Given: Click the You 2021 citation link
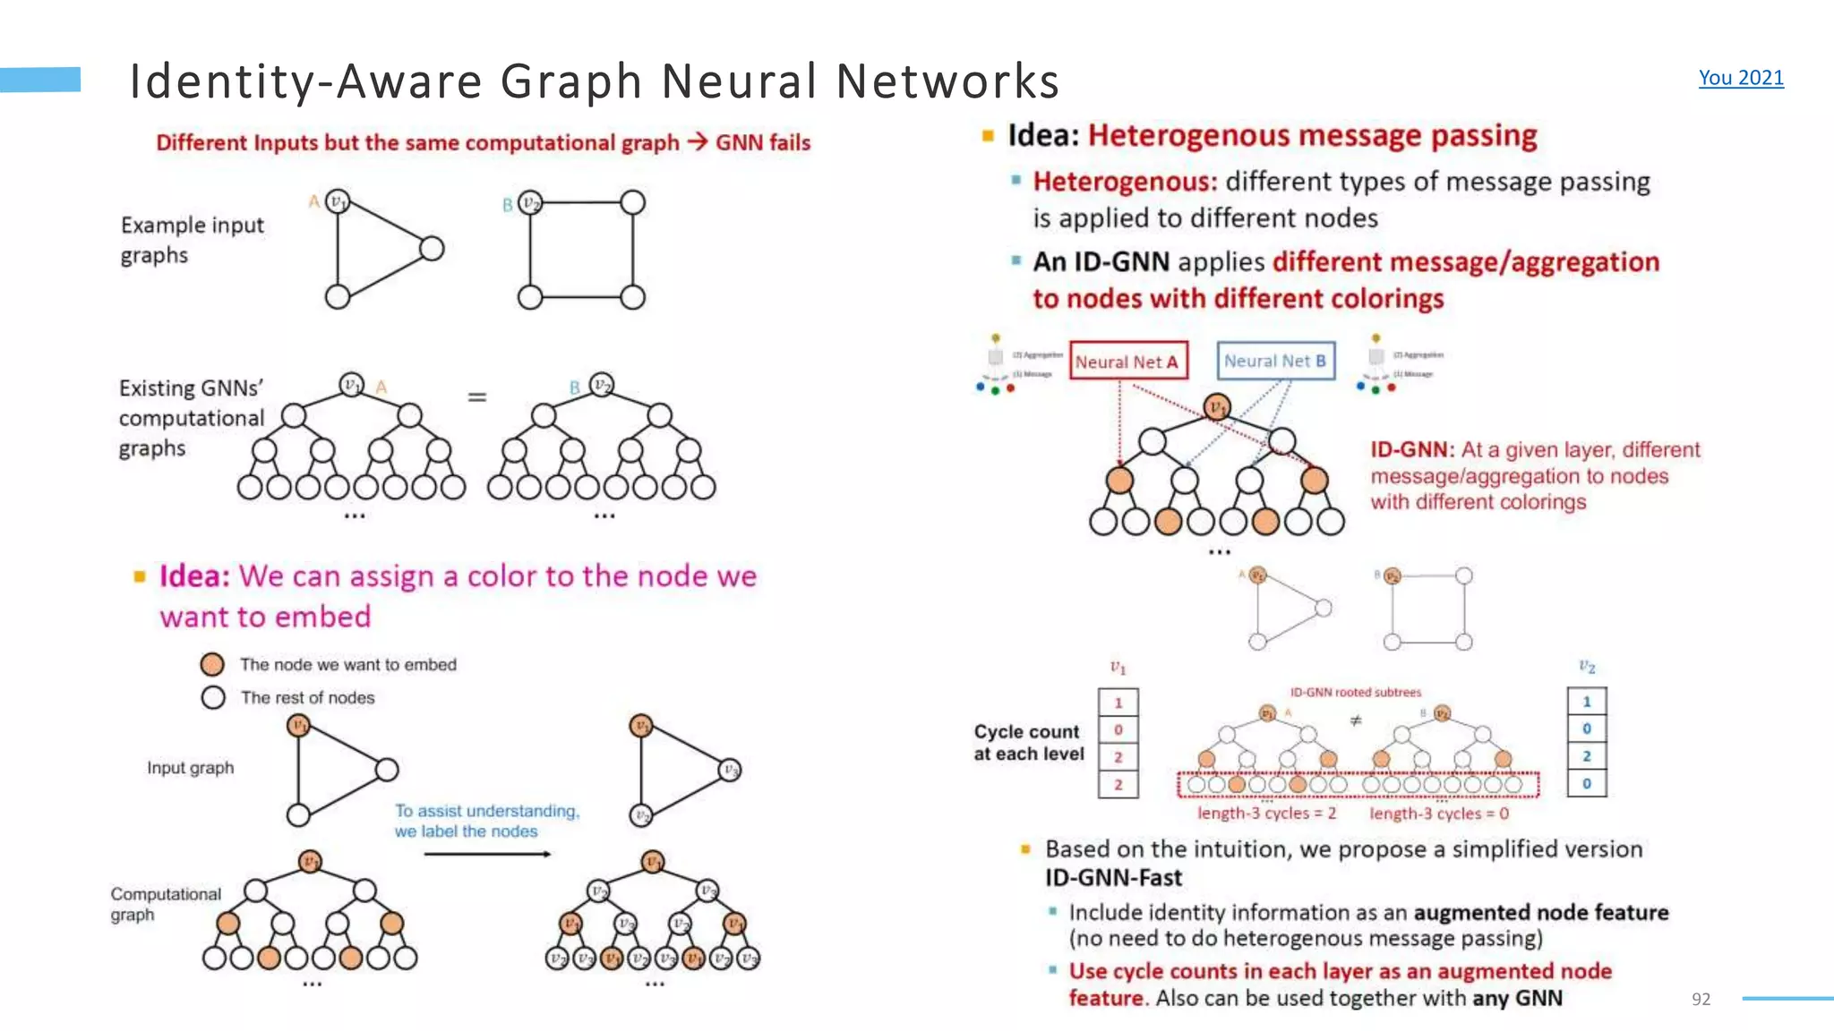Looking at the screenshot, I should pyautogui.click(x=1740, y=78).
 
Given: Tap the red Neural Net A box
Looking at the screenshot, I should pyautogui.click(x=1127, y=362).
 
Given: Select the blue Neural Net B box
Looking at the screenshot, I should pyautogui.click(x=1275, y=361).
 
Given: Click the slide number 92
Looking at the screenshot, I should pyautogui.click(x=1701, y=999).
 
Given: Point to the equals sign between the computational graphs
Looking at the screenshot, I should pyautogui.click(x=477, y=396).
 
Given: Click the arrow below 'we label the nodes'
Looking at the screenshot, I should pyautogui.click(x=487, y=854).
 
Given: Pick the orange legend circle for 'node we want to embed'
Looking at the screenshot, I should pyautogui.click(x=212, y=664).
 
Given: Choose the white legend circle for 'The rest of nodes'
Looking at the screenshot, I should pyautogui.click(x=213, y=697).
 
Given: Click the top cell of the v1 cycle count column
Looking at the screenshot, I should pyautogui.click(x=1118, y=703).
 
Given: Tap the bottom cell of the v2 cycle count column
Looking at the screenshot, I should pyautogui.click(x=1586, y=783).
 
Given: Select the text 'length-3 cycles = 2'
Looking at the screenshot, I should pyautogui.click(x=1266, y=814).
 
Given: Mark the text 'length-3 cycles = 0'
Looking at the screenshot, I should pyautogui.click(x=1438, y=814).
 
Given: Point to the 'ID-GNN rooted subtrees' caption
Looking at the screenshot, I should pyautogui.click(x=1355, y=692).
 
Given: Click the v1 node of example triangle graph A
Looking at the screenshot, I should pyautogui.click(x=338, y=201).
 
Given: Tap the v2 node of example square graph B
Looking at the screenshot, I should pyautogui.click(x=530, y=202).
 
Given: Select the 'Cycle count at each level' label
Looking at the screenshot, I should pyautogui.click(x=1028, y=743).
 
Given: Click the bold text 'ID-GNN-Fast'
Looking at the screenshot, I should pyautogui.click(x=1113, y=878).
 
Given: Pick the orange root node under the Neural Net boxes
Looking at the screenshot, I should pyautogui.click(x=1216, y=407).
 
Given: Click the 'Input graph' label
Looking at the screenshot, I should pyautogui.click(x=190, y=768).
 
